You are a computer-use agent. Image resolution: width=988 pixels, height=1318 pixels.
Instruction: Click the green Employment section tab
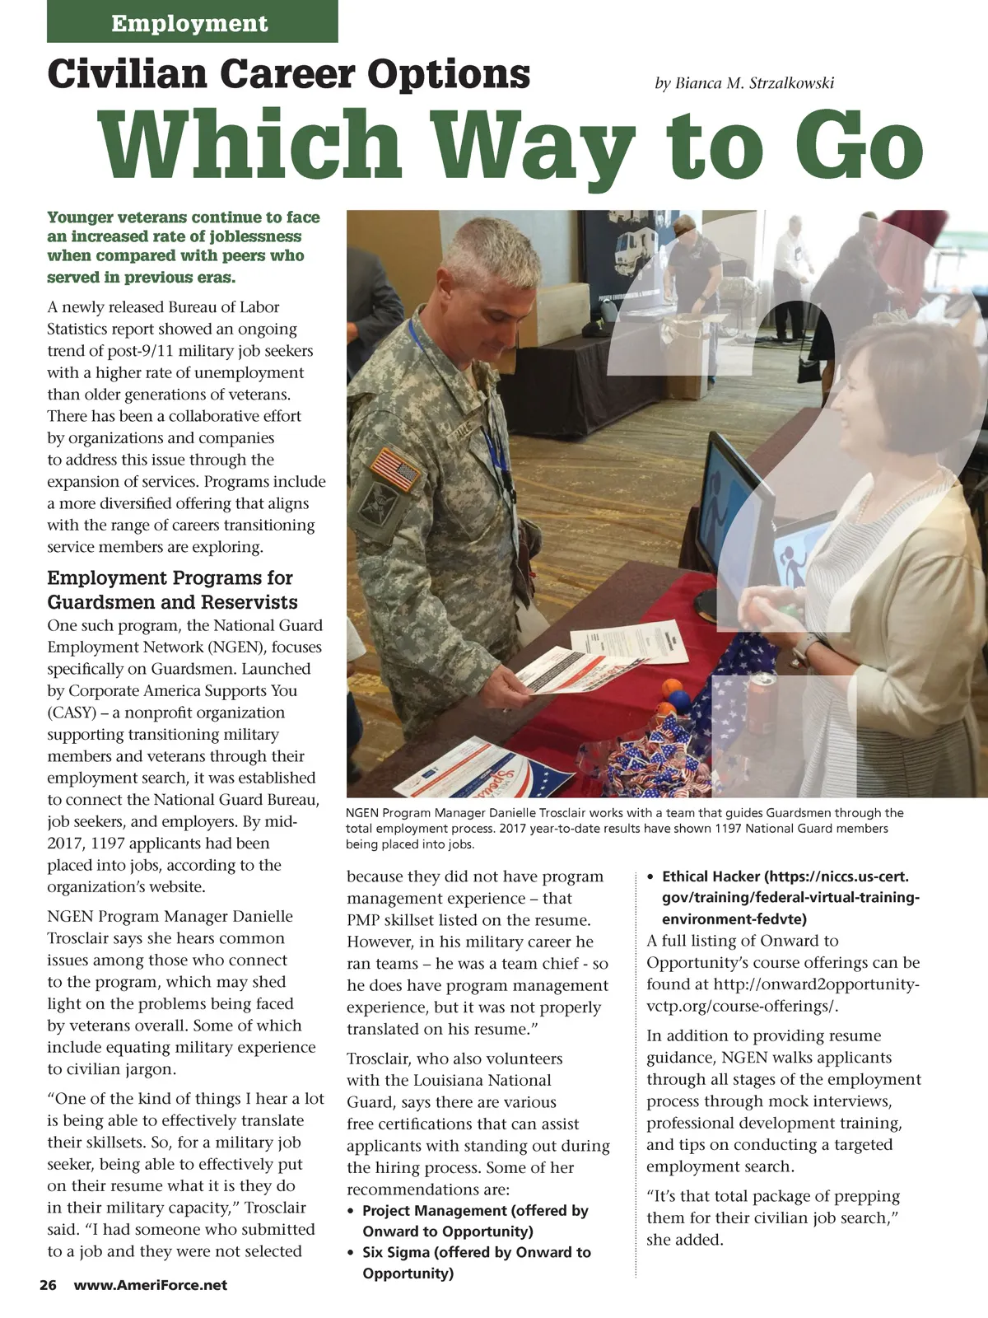tap(192, 22)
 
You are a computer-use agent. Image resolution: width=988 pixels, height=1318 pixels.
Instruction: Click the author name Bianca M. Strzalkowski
tap(743, 83)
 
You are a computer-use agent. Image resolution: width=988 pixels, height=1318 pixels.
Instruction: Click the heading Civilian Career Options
tap(289, 74)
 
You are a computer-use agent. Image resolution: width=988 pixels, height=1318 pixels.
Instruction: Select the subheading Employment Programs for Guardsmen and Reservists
tap(172, 590)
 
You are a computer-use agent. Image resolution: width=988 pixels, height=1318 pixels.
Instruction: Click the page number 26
tap(48, 1285)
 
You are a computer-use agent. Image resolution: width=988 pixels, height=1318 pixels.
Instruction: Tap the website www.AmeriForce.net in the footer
tap(151, 1285)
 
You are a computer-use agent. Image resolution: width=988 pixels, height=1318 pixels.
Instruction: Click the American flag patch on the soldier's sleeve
tap(395, 468)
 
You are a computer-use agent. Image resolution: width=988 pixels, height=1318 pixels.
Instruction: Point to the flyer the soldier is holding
tap(568, 671)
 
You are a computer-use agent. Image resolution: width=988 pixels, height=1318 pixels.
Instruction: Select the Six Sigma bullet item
tap(476, 1263)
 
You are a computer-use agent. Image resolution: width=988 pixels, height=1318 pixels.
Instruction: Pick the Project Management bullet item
tap(475, 1221)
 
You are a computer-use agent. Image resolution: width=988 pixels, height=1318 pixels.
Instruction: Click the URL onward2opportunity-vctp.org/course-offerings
tap(782, 995)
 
